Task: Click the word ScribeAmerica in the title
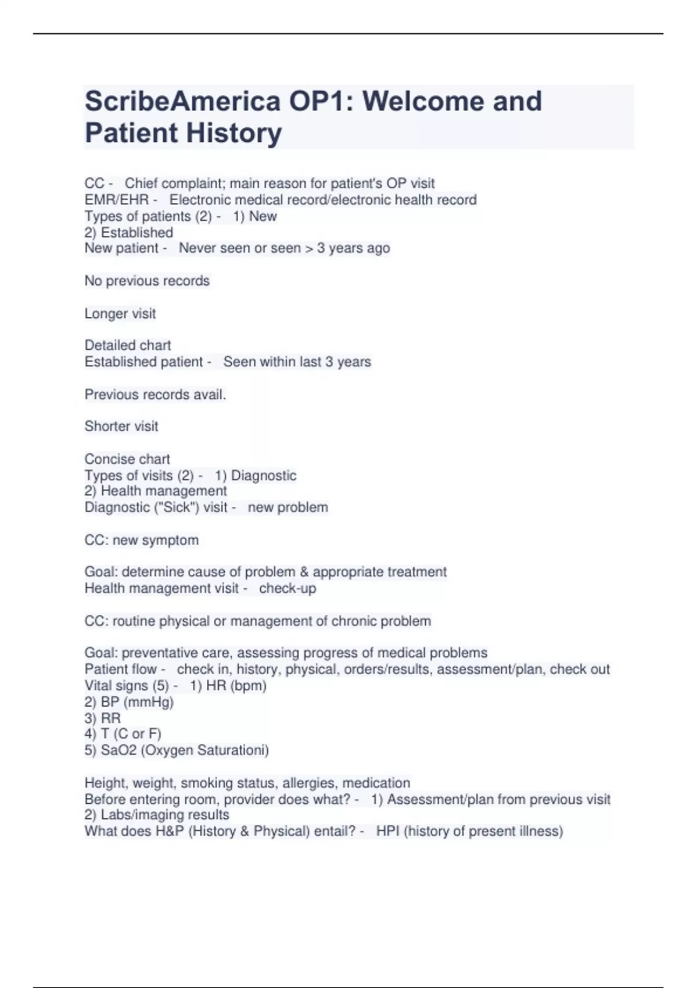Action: tap(182, 101)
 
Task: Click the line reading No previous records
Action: tap(147, 281)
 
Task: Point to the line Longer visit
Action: tap(120, 314)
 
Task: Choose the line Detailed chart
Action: tap(128, 345)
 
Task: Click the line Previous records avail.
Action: tap(155, 395)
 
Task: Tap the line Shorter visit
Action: tap(121, 426)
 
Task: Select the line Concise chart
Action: tap(127, 459)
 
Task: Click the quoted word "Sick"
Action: tap(176, 507)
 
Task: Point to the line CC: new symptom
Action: tap(141, 540)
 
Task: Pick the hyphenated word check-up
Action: tap(288, 588)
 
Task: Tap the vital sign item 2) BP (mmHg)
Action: tap(129, 702)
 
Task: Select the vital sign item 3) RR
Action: tap(102, 718)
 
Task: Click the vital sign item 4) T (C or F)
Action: tap(123, 734)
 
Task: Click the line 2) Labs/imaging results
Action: tap(157, 815)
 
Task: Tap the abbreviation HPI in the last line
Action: tap(387, 831)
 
